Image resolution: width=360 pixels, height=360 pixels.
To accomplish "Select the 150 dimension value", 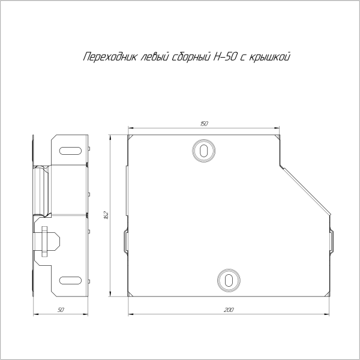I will click(x=204, y=124).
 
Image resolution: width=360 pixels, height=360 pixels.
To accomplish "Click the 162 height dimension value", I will click(x=105, y=215).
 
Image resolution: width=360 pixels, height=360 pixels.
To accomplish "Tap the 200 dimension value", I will click(x=229, y=310).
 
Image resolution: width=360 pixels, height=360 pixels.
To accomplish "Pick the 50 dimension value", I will click(x=61, y=310).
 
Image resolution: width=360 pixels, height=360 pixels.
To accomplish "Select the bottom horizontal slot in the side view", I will click(x=71, y=280).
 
